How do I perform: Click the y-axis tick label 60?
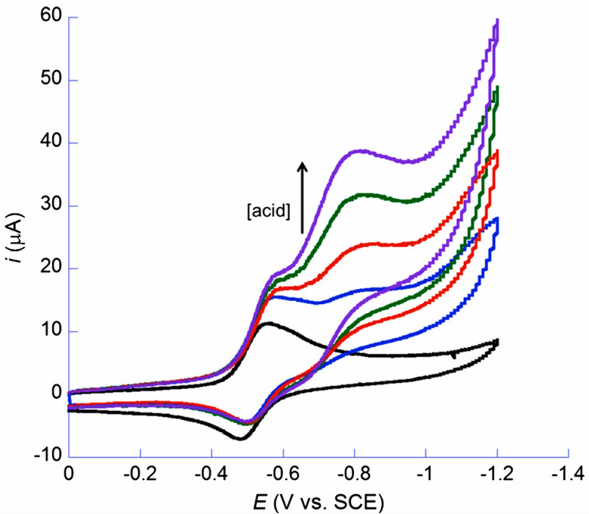[x=51, y=18]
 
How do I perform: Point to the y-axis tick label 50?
[x=51, y=81]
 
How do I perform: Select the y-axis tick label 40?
[x=51, y=143]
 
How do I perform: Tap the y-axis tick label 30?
[x=51, y=206]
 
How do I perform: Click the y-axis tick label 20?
[x=51, y=269]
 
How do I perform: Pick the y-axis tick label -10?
[x=47, y=456]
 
